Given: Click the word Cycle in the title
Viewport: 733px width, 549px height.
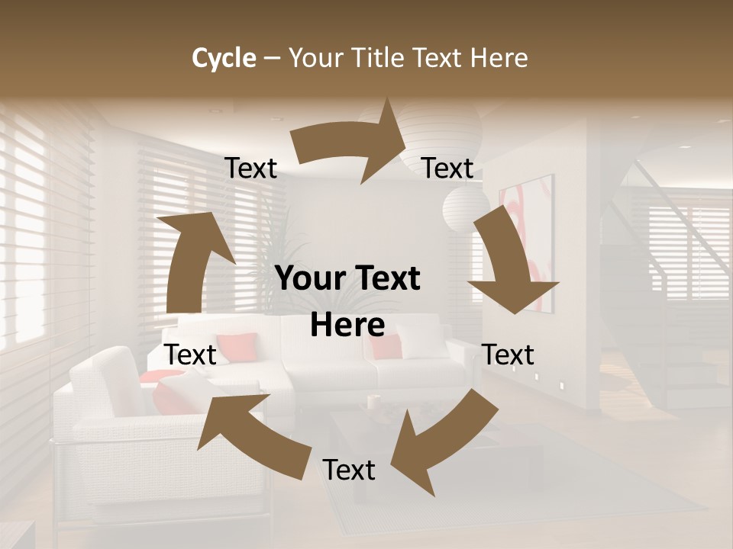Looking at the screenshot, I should pos(224,58).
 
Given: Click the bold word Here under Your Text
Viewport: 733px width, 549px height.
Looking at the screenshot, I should pos(347,325).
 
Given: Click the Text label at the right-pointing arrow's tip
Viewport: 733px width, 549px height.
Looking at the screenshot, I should pos(447,169).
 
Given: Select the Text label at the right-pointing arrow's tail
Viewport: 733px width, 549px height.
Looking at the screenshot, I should pos(250,169).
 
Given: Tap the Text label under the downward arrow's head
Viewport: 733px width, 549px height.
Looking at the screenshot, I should pos(509,355).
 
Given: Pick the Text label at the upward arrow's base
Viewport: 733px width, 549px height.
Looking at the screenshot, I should pos(191,355).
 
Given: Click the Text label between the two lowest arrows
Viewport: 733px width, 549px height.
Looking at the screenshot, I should pos(349,470).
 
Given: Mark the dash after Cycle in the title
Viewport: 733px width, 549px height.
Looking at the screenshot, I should pos(271,58).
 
